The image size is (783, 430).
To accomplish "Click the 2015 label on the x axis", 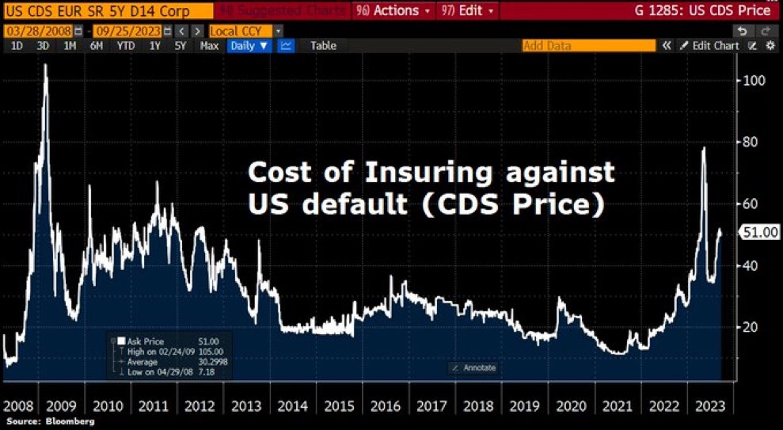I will [x=339, y=406].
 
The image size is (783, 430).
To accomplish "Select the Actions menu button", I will [x=394, y=11].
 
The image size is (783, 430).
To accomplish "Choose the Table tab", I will [x=323, y=46].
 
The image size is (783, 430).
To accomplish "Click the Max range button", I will [x=210, y=46].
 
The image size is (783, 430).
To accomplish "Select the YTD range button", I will [x=125, y=46].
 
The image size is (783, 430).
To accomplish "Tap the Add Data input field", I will [x=590, y=46].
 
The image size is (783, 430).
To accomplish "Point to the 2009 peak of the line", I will [x=45, y=66].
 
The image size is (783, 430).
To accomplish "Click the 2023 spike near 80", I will [x=703, y=148].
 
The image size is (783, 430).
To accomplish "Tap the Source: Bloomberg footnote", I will [x=48, y=422].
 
